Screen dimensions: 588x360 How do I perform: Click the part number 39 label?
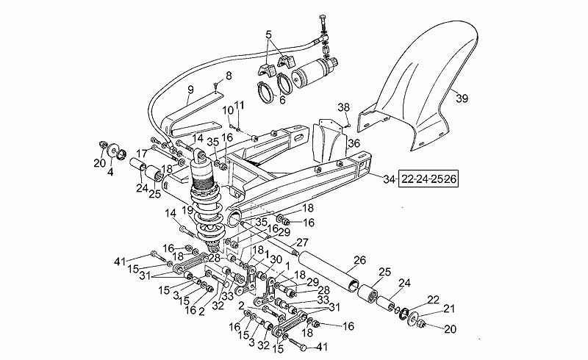click(x=462, y=98)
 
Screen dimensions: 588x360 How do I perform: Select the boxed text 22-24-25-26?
click(x=429, y=179)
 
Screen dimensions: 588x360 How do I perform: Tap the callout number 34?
click(x=390, y=179)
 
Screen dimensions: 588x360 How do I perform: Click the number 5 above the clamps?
click(x=268, y=35)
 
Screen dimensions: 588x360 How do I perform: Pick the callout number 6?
click(x=282, y=100)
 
